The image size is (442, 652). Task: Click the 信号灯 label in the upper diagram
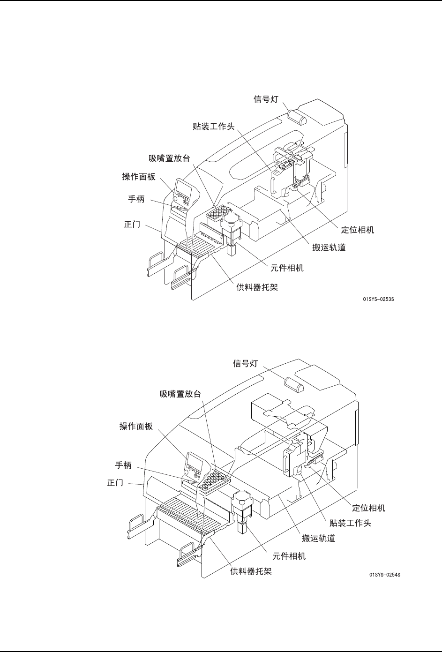(266, 99)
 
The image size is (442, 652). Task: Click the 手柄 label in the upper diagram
(137, 199)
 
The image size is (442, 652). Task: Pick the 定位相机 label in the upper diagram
(357, 230)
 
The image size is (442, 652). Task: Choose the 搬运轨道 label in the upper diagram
(329, 247)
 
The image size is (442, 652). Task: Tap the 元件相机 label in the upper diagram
(287, 268)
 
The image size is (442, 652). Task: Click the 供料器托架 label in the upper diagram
(257, 287)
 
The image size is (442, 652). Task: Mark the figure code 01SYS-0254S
(384, 575)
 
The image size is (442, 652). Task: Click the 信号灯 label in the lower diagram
(246, 363)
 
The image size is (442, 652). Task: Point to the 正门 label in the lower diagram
(115, 483)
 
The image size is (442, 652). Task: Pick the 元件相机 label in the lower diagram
(289, 556)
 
